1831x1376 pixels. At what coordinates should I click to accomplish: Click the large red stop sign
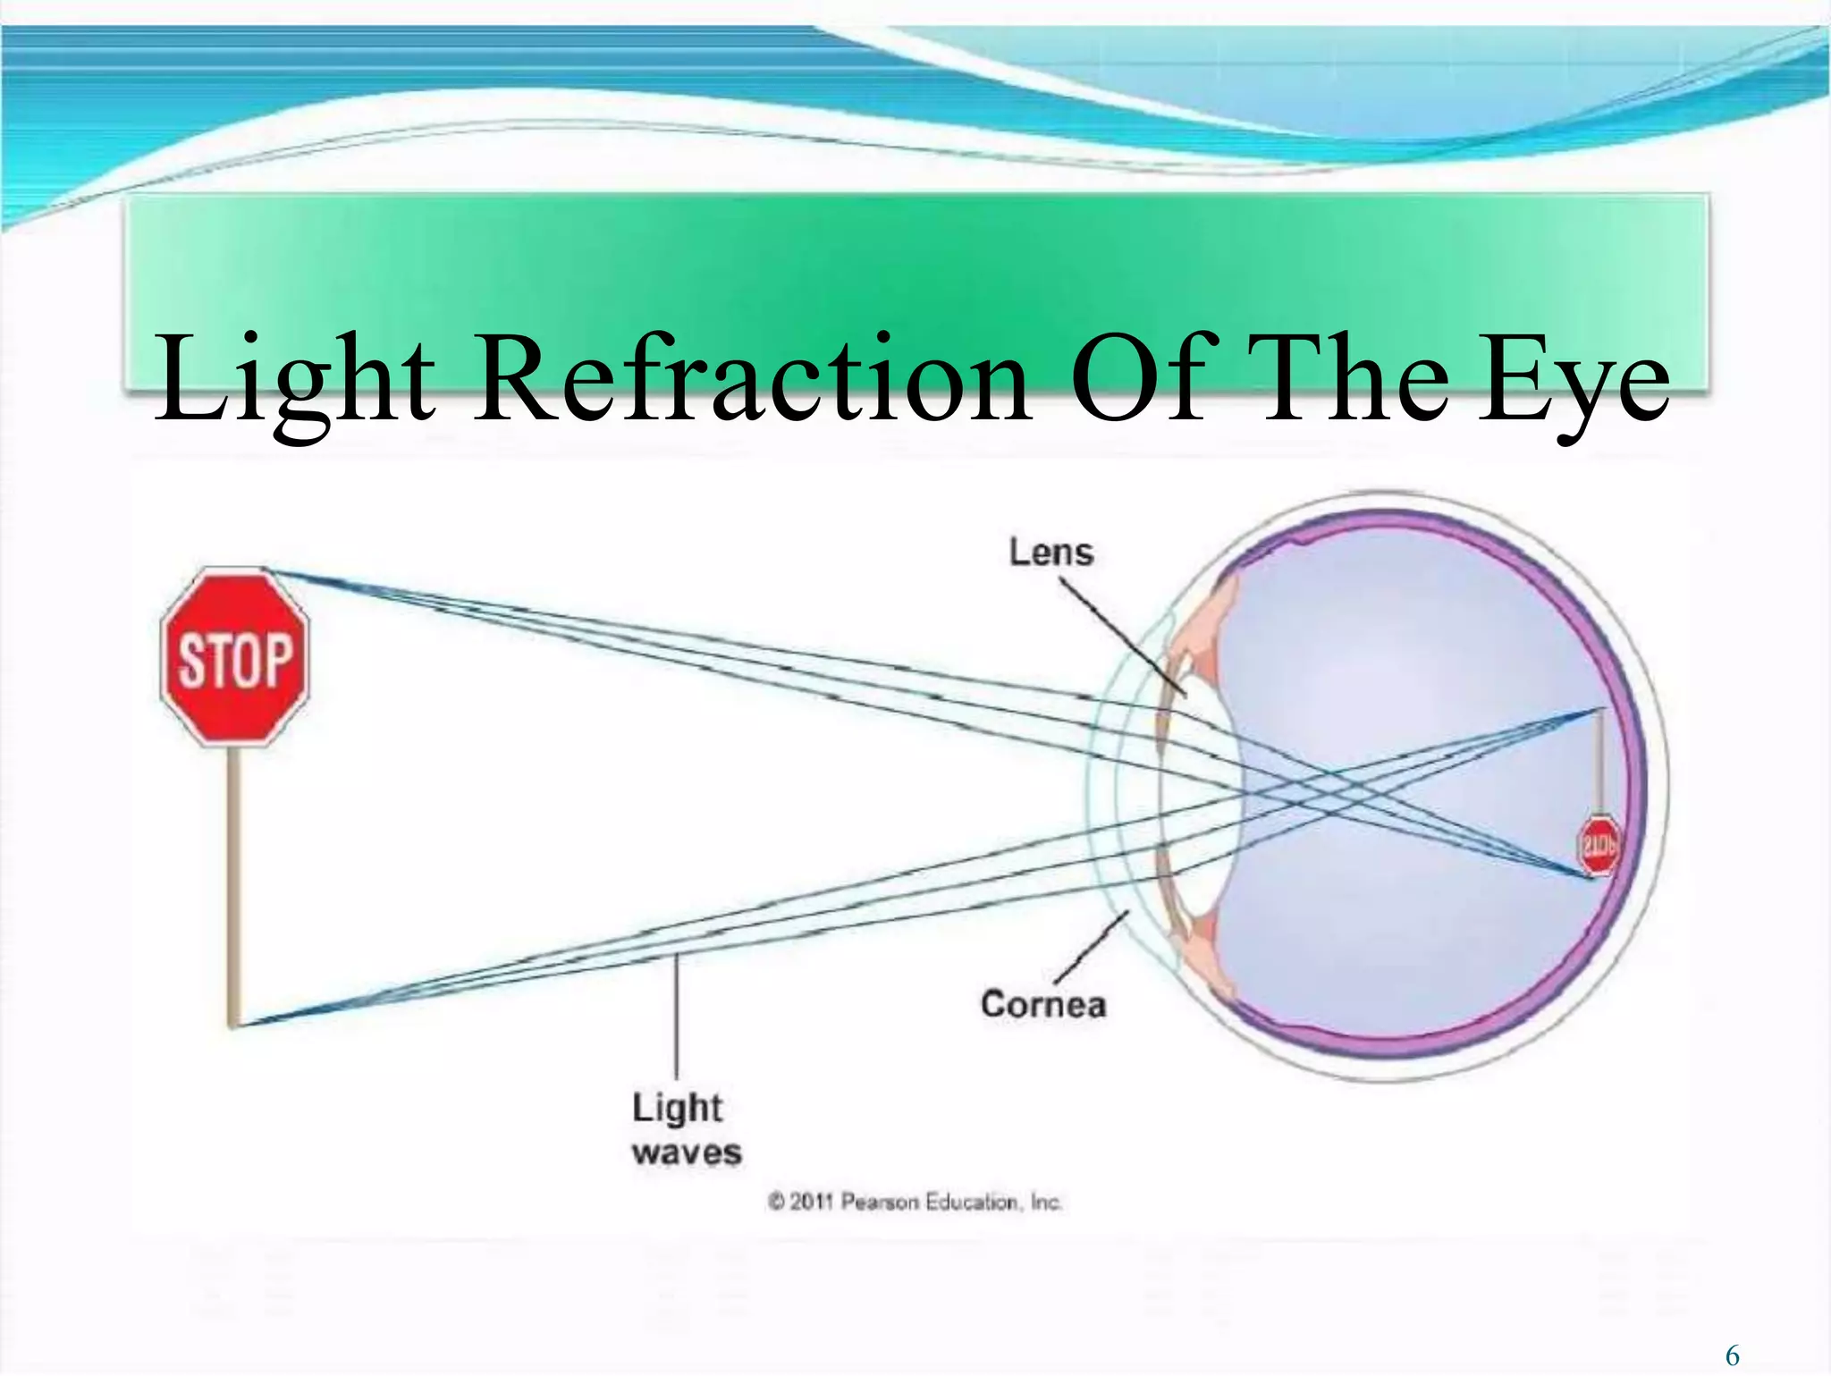tap(234, 657)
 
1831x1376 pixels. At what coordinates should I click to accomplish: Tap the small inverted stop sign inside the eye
tap(1598, 844)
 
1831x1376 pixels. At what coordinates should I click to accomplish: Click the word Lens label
tap(1051, 552)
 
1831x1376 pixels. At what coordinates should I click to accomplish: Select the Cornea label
tap(1043, 1004)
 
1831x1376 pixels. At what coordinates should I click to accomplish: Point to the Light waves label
tap(686, 1129)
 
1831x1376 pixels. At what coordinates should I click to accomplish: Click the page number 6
tap(1733, 1355)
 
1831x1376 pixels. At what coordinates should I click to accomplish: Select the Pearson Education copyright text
tap(915, 1202)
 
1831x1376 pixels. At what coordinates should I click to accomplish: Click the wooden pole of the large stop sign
tap(235, 885)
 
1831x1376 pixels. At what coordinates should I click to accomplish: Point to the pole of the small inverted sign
tap(1600, 760)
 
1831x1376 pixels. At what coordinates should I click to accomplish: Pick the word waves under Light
tap(687, 1152)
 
